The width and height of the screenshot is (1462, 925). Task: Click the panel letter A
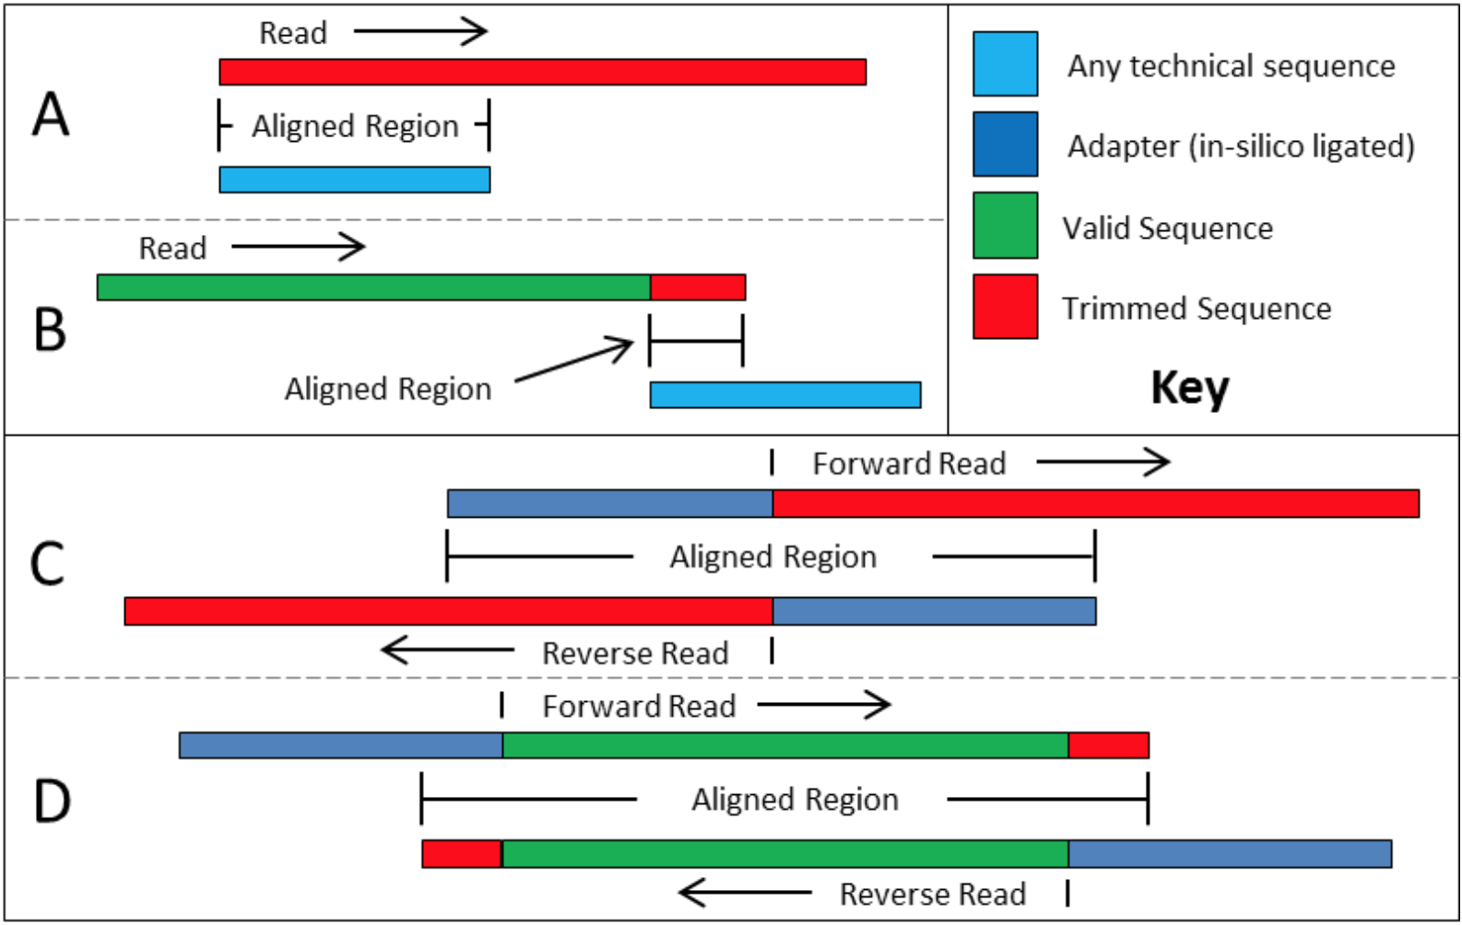tap(51, 115)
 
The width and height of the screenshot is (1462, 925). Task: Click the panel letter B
tap(51, 330)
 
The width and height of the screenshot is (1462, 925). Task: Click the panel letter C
tap(48, 564)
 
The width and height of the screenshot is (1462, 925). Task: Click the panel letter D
tap(53, 802)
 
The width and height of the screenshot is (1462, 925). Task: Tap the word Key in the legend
tap(1190, 388)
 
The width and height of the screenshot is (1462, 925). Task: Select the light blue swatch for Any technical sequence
tap(1005, 64)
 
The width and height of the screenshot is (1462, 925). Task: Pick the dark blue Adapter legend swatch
tap(1005, 145)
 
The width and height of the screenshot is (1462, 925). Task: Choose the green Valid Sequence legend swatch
tap(1005, 226)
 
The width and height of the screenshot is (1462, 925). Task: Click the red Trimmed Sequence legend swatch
tap(1005, 307)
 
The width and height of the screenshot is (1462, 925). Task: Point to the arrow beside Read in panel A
tap(420, 31)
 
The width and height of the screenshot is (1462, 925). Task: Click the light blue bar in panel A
tap(355, 180)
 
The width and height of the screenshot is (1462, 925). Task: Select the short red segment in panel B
tap(698, 287)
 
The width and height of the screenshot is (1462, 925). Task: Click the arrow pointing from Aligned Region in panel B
tap(574, 359)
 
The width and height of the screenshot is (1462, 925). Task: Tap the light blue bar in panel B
tap(785, 394)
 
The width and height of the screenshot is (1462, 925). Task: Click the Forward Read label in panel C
tap(909, 463)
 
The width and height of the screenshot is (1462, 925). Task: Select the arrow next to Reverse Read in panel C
tap(448, 650)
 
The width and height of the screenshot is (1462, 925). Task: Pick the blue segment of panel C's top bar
tap(610, 504)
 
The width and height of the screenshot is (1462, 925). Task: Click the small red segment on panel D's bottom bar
tap(462, 854)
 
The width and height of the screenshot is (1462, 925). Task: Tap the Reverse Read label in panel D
tap(933, 895)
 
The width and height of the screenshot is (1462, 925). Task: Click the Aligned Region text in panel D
tap(796, 800)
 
